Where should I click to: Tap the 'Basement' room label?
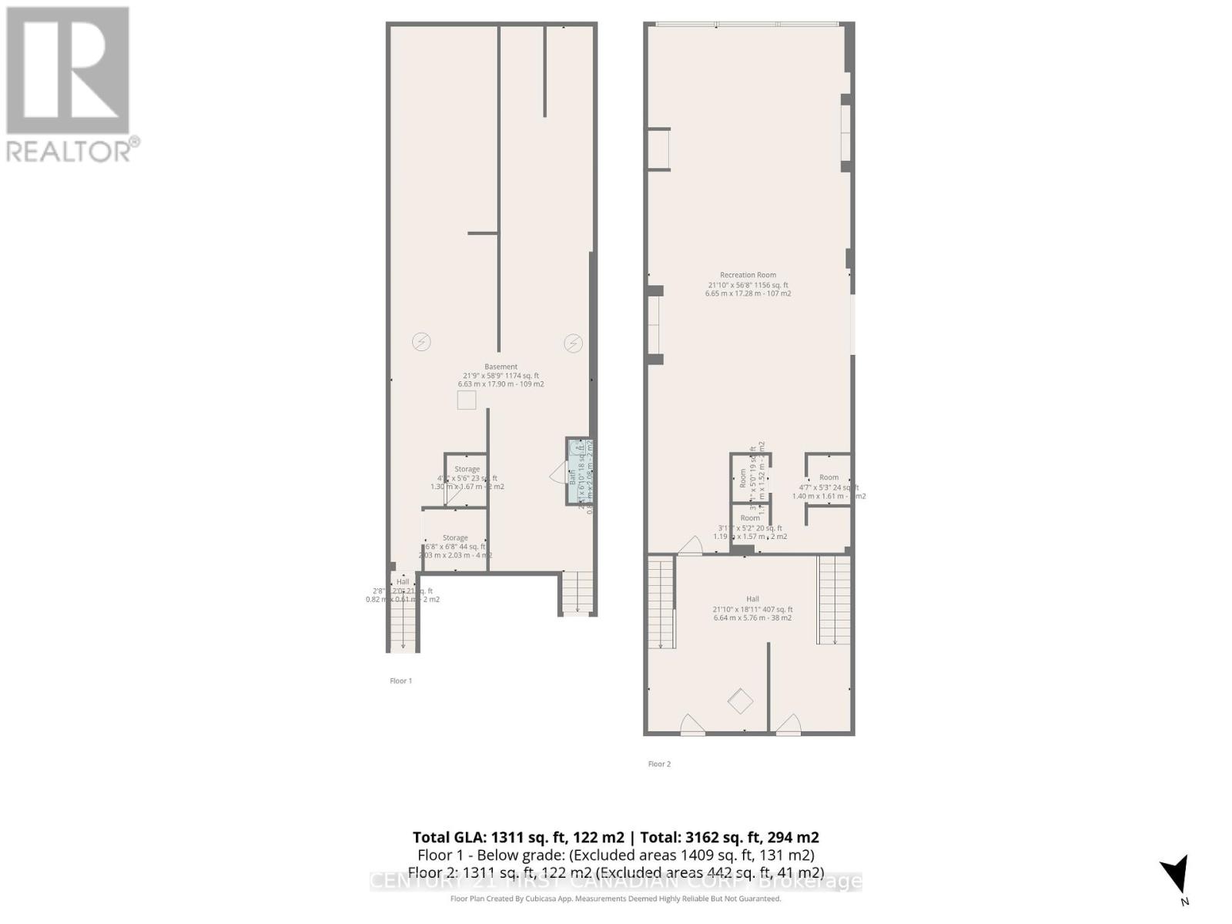(500, 367)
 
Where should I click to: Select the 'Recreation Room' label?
(748, 275)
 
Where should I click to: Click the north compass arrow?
(1176, 876)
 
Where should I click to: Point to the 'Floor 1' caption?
(400, 681)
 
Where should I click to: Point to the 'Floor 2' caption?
(659, 764)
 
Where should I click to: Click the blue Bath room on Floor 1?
(579, 472)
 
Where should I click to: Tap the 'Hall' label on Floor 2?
(752, 599)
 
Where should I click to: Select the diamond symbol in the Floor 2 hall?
(741, 701)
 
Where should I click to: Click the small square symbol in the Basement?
(467, 400)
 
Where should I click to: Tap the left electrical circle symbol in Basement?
(420, 342)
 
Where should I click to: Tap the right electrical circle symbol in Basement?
(573, 343)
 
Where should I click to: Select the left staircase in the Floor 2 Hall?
(661, 604)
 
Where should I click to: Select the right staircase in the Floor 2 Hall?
(834, 601)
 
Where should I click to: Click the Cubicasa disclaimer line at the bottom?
(615, 899)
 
